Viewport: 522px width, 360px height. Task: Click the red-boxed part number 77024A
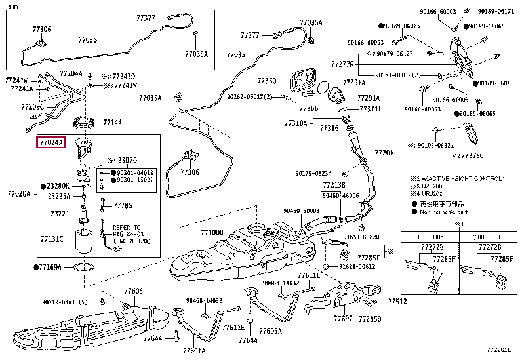(x=50, y=142)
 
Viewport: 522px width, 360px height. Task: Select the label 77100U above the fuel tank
(x=212, y=232)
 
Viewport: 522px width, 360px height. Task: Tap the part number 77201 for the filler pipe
(x=384, y=153)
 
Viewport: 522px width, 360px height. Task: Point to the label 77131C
(x=51, y=239)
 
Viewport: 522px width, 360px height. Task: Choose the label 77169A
(x=49, y=267)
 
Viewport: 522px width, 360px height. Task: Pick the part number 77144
(x=112, y=122)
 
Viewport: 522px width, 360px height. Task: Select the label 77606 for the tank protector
(x=133, y=290)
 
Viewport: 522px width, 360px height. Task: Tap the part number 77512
(x=397, y=302)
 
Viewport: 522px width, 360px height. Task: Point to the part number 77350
(x=267, y=81)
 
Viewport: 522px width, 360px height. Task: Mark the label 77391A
(x=354, y=83)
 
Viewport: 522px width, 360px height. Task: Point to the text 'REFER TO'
(x=125, y=226)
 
